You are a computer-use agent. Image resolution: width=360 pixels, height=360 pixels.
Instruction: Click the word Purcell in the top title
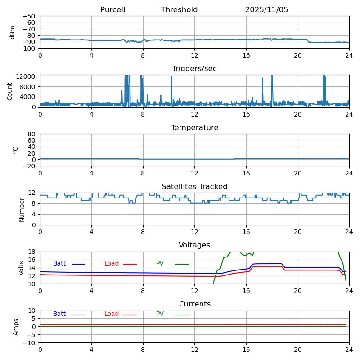(112, 10)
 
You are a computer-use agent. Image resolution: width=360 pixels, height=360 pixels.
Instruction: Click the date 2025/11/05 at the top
(266, 10)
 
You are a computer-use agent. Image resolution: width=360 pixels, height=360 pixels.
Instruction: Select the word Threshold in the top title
(179, 10)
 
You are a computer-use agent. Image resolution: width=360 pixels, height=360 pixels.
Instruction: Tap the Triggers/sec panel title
(194, 69)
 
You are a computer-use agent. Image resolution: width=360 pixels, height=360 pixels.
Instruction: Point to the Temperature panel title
(194, 128)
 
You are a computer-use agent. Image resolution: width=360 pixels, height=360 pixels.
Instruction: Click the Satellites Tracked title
(194, 187)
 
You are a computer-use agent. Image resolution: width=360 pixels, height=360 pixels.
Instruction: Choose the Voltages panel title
(194, 245)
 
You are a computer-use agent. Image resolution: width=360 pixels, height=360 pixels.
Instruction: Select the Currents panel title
(194, 304)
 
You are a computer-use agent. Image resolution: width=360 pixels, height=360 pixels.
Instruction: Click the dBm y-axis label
(13, 32)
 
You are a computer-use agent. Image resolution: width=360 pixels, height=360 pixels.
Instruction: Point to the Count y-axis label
(10, 91)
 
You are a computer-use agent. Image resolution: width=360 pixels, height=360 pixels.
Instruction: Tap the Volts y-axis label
(22, 268)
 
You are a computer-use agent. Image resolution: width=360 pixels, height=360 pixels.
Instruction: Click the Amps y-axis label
(16, 327)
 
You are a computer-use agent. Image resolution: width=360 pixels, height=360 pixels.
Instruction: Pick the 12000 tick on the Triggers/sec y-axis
(27, 76)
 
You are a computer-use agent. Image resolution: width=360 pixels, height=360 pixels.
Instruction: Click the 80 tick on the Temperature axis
(32, 134)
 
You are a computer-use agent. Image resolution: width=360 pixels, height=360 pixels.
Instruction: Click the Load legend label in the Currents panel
(112, 314)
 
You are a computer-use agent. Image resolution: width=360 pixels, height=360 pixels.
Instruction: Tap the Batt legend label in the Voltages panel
(59, 264)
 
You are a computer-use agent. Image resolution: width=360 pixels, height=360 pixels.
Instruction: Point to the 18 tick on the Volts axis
(32, 252)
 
